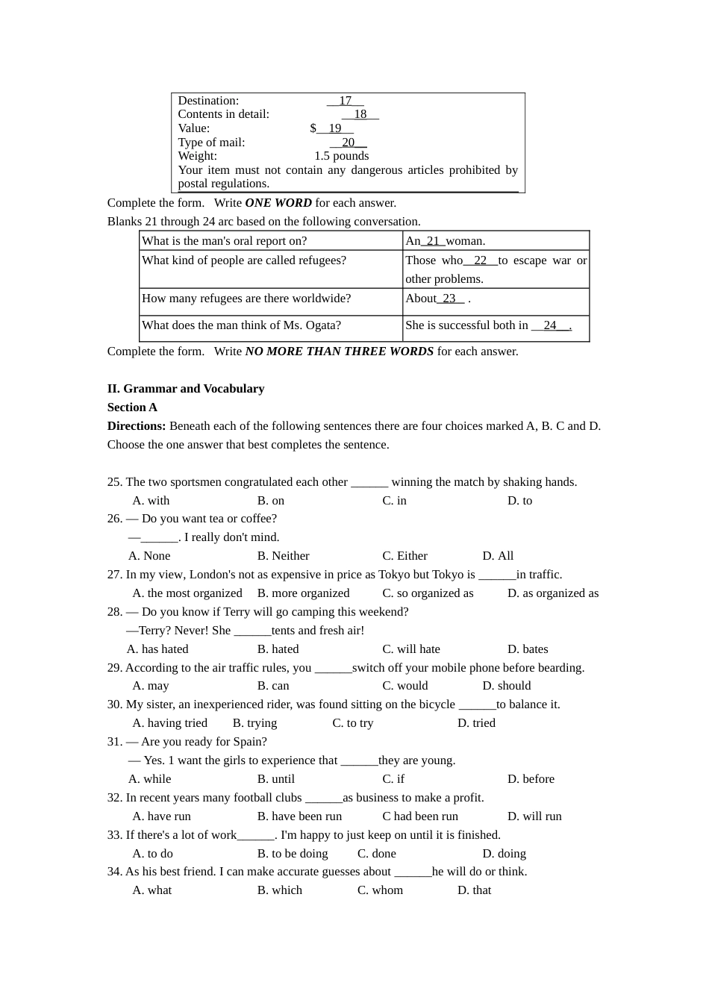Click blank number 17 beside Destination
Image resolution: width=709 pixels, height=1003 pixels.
click(x=345, y=101)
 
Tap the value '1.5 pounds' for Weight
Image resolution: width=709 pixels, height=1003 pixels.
click(x=341, y=156)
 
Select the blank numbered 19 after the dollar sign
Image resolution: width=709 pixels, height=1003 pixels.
click(x=334, y=128)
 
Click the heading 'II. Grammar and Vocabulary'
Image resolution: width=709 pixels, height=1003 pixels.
click(x=186, y=389)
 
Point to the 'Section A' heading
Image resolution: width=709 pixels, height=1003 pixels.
click(x=132, y=407)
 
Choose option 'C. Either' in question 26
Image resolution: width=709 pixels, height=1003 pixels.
click(x=405, y=556)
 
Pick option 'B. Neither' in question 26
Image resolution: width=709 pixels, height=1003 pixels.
click(x=283, y=556)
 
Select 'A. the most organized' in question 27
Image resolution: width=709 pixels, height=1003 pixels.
click(x=187, y=593)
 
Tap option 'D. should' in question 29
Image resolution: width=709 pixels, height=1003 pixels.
click(x=507, y=686)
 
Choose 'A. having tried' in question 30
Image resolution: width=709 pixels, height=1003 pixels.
click(x=169, y=723)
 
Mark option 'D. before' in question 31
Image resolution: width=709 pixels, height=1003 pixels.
click(x=531, y=779)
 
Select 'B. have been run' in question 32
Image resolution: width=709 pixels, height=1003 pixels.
click(x=299, y=816)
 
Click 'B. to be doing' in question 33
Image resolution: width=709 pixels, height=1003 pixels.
click(x=293, y=854)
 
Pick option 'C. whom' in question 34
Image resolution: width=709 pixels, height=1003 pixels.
click(x=380, y=890)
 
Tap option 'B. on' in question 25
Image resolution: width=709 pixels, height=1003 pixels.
click(x=271, y=501)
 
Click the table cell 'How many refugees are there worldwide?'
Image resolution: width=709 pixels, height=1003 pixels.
click(x=246, y=299)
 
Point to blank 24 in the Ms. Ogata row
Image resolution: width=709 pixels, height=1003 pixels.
click(x=550, y=325)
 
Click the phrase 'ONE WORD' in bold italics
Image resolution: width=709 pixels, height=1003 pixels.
click(x=278, y=203)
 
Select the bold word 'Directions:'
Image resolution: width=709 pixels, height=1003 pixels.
click(x=137, y=426)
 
